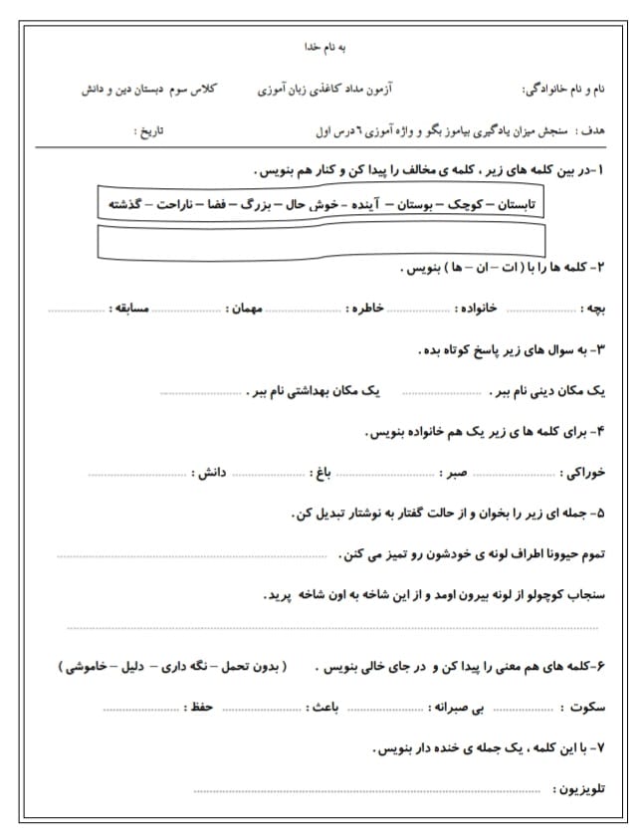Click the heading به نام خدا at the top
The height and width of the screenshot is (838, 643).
(x=323, y=47)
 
